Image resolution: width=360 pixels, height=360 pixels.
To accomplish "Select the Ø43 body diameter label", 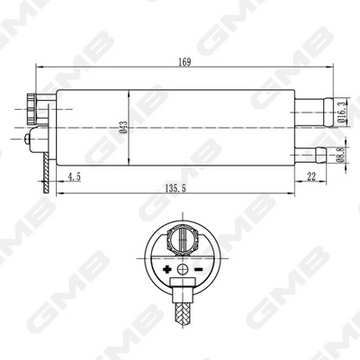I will click(x=123, y=130).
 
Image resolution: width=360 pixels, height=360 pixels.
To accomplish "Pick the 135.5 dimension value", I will click(x=176, y=190).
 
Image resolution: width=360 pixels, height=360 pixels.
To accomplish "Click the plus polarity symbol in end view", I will click(x=166, y=270).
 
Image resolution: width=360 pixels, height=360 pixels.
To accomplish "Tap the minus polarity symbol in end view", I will click(x=197, y=270).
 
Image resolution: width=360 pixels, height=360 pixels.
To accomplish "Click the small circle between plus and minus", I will click(x=182, y=270).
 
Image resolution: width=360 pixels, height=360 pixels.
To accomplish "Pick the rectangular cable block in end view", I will click(x=182, y=292).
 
